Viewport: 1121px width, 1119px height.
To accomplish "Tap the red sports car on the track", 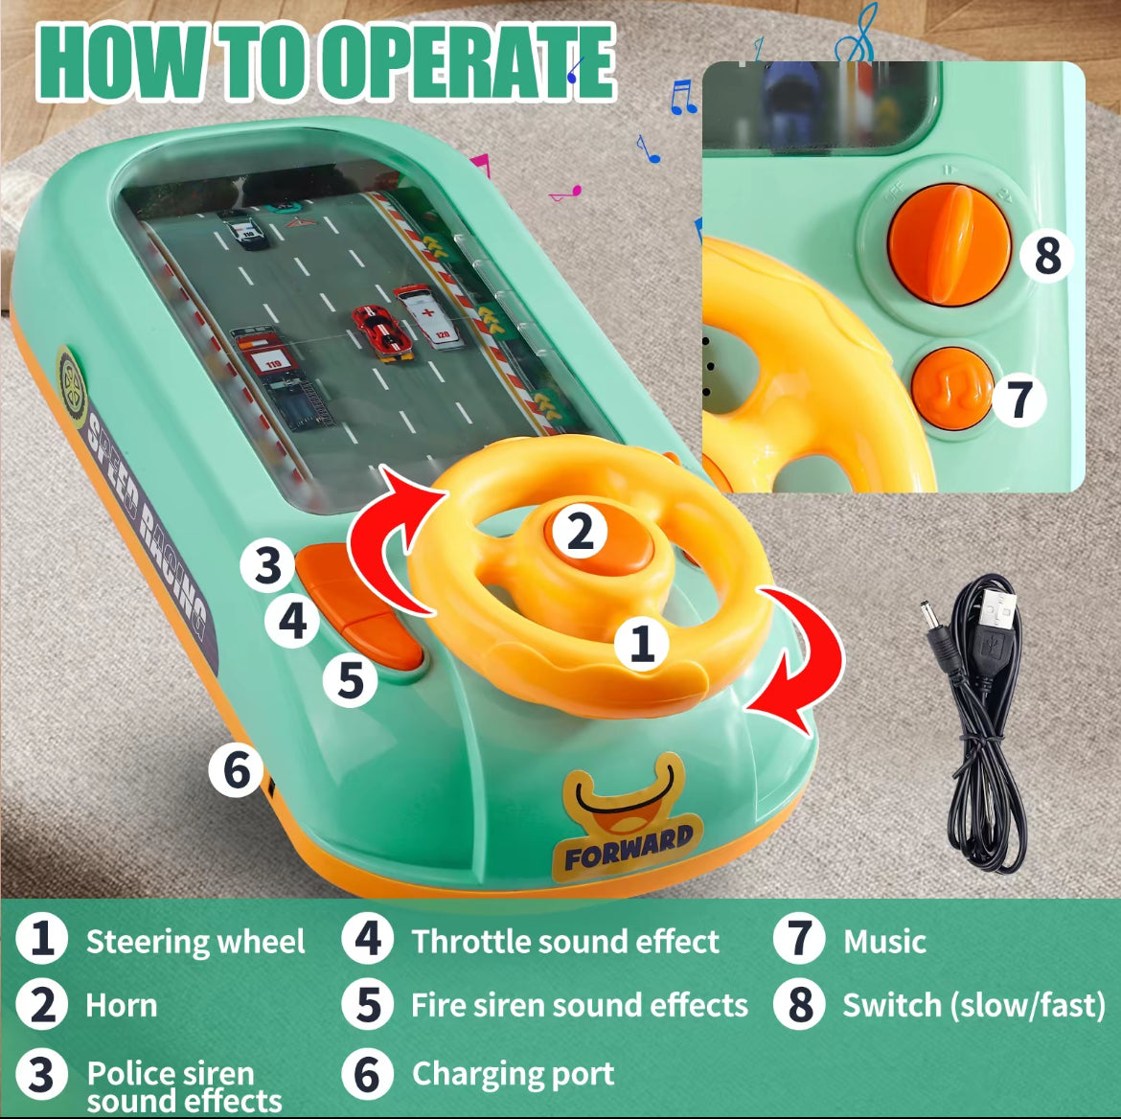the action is point(383,332).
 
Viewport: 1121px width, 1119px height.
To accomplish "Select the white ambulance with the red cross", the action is point(429,317).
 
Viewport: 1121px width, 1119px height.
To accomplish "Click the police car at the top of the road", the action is point(244,230).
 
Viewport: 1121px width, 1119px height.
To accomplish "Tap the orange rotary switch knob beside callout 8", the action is point(949,243).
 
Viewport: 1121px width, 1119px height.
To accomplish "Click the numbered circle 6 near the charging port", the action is point(237,771).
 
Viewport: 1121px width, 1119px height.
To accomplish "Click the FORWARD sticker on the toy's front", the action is point(629,817).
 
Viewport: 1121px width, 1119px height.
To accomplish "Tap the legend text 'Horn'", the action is point(122,1005).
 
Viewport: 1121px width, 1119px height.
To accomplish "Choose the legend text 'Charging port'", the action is point(513,1074).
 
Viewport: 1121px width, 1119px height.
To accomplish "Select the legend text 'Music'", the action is point(884,941).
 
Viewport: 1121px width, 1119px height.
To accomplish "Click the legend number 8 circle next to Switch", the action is point(799,1004).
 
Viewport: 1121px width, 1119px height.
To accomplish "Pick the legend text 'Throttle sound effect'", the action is point(564,941).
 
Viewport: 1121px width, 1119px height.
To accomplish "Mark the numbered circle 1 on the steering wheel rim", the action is point(642,643).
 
